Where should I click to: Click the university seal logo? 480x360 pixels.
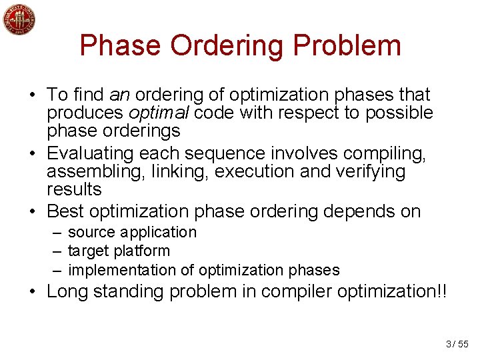[19, 21]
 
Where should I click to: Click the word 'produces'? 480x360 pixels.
[85, 113]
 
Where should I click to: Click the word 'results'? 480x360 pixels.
[74, 190]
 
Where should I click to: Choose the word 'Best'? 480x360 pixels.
[65, 212]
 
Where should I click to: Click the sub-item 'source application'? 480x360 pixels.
[132, 232]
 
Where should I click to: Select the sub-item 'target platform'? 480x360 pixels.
[119, 251]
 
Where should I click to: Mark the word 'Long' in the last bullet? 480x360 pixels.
[66, 291]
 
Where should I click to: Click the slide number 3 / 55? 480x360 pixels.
[457, 344]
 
